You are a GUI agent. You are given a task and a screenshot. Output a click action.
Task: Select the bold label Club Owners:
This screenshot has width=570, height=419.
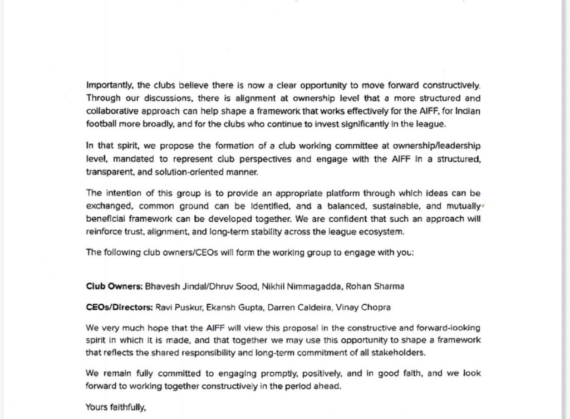coord(114,286)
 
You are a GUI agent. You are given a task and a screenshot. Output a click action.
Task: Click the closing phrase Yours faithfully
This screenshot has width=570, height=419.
coord(115,407)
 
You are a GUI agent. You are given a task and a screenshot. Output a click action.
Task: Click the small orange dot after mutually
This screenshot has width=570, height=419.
coord(483,205)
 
